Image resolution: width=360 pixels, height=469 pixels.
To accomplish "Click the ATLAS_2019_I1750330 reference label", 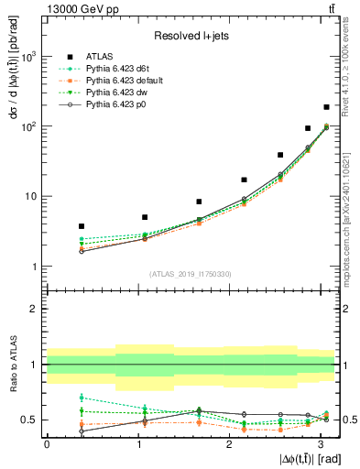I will coord(190,274).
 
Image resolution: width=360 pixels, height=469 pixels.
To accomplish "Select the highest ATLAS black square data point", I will coord(326,107).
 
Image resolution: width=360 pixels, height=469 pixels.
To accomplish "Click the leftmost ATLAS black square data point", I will coord(82,225).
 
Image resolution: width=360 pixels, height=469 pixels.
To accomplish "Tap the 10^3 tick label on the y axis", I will coord(28,57).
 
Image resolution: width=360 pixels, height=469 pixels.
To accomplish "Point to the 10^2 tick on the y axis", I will coord(28,126).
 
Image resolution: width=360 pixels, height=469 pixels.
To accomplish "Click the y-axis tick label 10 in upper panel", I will coord(30,196).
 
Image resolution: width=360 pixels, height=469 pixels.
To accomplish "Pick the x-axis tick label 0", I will coord(47,444).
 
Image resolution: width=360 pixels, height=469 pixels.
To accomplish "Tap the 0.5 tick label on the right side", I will coord(348,420).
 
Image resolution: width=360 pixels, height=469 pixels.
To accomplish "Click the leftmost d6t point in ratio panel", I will coord(82,398).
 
